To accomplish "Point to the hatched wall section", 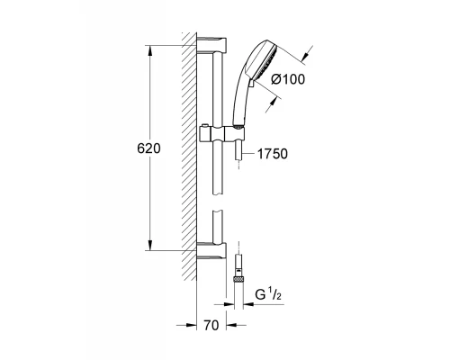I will [188, 153].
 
